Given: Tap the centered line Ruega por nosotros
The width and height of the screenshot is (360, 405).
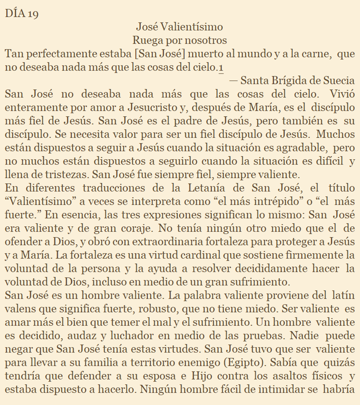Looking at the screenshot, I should pyautogui.click(x=180, y=40).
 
